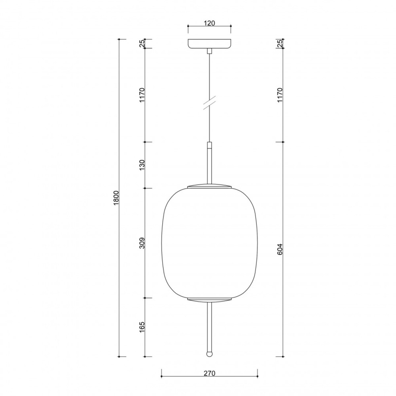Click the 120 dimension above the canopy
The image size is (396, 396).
[209, 23]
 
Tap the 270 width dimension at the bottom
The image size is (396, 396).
[209, 373]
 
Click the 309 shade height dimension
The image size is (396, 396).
[142, 243]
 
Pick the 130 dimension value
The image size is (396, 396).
[142, 165]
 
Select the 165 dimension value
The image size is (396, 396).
[142, 327]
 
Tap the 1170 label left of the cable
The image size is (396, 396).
[142, 95]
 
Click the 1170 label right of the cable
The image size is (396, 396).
[280, 95]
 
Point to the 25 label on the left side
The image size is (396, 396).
[142, 44]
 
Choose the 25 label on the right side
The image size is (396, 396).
[280, 44]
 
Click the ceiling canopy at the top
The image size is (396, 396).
[209, 44]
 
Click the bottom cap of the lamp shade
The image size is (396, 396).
[209, 300]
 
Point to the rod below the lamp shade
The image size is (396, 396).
[209, 327]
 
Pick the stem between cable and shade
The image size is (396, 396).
[209, 163]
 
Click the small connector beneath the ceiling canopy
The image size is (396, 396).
[209, 51]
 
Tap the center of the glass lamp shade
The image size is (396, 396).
[209, 243]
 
